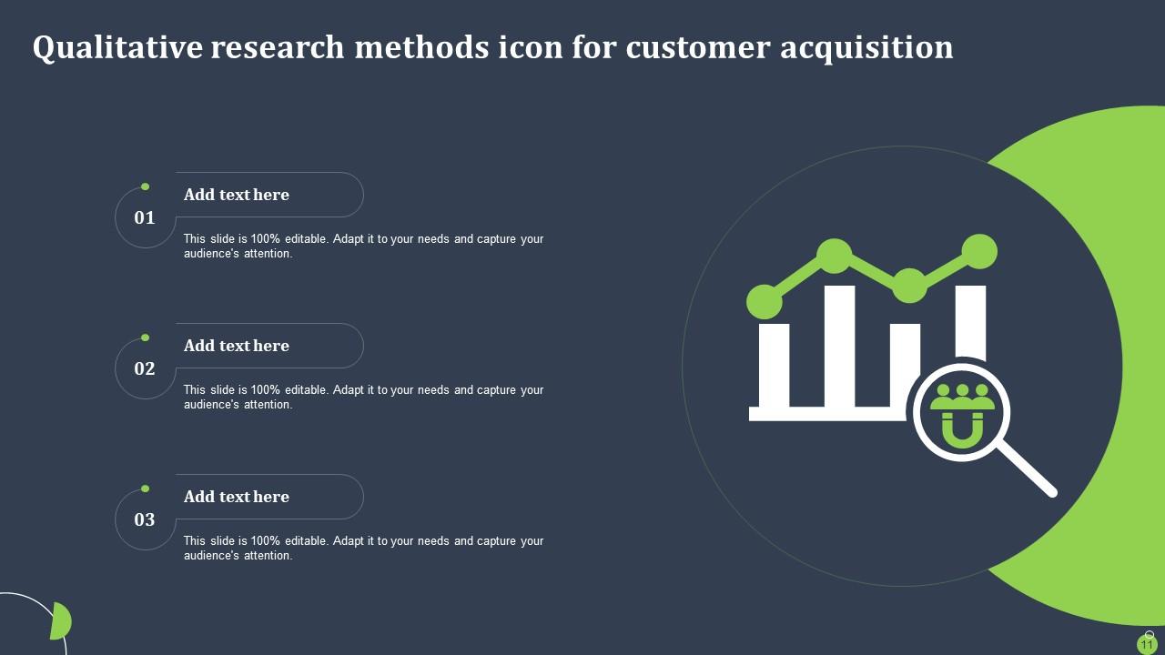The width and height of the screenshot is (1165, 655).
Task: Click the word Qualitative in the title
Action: pos(116,48)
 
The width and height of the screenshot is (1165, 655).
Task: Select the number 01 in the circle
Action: pos(145,217)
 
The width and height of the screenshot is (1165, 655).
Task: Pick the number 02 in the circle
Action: pos(145,368)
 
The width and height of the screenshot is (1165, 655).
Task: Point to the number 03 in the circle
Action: pos(145,519)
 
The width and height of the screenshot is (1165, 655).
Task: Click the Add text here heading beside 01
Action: pos(237,195)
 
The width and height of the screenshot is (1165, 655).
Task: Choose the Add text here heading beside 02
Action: pos(237,346)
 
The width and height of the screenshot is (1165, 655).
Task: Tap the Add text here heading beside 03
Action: pos(237,497)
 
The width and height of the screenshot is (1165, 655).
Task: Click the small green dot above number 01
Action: pos(145,186)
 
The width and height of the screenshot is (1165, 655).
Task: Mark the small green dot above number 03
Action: pos(145,489)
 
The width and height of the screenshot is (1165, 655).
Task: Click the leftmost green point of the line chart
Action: pos(765,302)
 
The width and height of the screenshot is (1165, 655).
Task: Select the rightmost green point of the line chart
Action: pos(979,252)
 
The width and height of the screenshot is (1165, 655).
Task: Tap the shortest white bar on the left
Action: pos(775,364)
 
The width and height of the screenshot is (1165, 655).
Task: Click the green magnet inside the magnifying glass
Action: pos(961,428)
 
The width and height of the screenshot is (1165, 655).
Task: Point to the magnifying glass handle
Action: pos(1028,469)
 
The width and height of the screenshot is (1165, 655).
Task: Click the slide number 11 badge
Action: pos(1147,644)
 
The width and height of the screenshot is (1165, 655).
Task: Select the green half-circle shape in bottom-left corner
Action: pos(61,621)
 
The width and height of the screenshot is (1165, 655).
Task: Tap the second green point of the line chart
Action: pos(835,256)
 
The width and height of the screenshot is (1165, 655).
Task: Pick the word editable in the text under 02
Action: pos(305,390)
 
